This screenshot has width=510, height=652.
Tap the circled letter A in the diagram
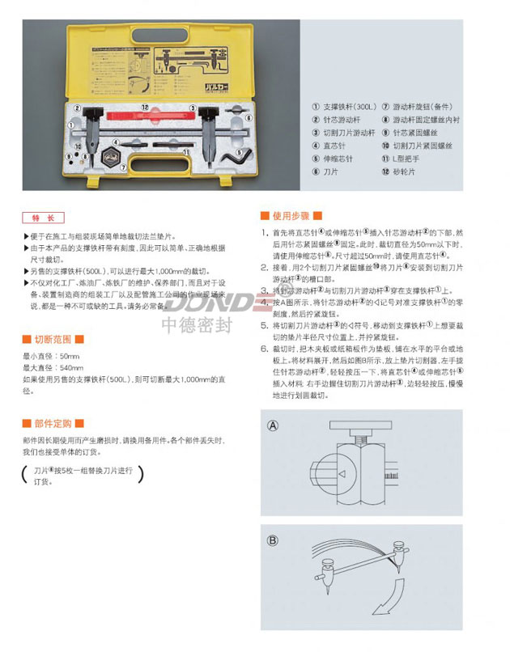(274, 425)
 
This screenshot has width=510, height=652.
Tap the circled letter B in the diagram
(274, 540)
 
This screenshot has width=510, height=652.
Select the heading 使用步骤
(291, 216)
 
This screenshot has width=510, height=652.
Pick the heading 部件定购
(54, 423)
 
